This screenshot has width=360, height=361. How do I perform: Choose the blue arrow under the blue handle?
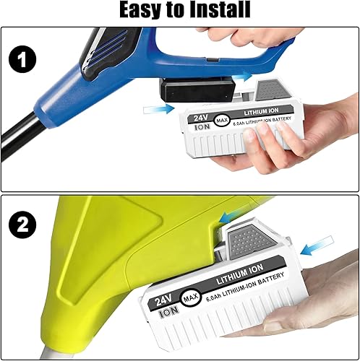[x=241, y=74]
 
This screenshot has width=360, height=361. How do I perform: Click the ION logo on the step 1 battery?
[x=202, y=127]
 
